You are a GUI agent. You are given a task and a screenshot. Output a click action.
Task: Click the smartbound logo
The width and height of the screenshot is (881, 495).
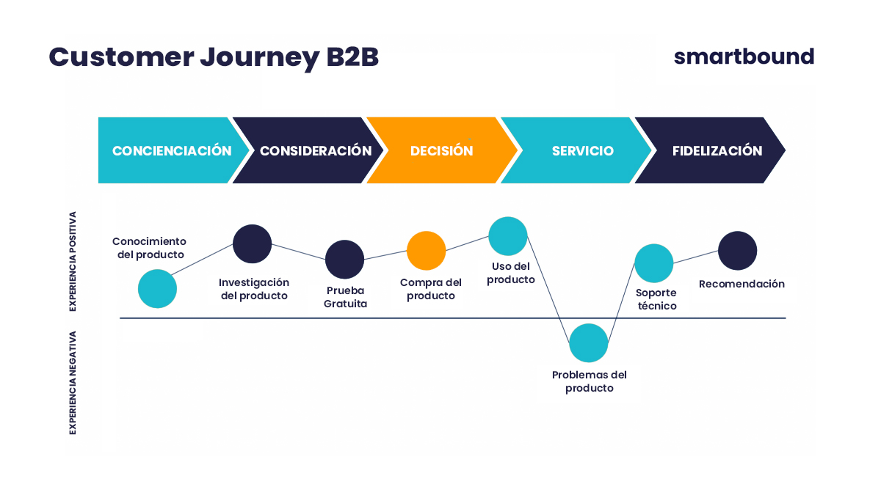click(744, 56)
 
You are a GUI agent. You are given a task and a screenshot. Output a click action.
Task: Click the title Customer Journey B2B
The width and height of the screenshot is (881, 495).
click(214, 57)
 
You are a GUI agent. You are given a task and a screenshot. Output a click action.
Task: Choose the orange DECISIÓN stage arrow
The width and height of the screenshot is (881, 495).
click(441, 150)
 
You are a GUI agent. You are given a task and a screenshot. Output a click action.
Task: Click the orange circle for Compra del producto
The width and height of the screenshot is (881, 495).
click(427, 251)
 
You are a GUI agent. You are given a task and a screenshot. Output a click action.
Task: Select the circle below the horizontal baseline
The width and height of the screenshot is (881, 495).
click(589, 342)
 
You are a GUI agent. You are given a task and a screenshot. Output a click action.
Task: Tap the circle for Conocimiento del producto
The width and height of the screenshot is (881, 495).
click(158, 288)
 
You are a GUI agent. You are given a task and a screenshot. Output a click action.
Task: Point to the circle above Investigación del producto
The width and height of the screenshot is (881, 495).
click(253, 243)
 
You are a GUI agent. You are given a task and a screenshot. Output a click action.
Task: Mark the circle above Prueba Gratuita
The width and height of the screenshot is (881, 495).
click(344, 259)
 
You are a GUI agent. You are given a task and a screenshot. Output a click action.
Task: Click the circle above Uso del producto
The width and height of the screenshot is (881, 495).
click(508, 236)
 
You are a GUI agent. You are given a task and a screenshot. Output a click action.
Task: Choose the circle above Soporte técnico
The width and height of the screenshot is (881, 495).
click(654, 263)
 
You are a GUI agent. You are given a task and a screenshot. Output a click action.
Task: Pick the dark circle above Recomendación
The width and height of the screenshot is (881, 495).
click(737, 251)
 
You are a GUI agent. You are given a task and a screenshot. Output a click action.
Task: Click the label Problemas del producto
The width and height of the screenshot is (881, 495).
click(589, 381)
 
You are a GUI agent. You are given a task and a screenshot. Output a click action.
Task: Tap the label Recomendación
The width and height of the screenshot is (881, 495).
click(742, 284)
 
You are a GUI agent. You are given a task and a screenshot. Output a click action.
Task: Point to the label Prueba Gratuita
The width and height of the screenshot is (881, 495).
click(345, 297)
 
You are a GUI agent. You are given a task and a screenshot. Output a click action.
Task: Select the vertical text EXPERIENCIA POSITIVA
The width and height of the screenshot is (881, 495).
click(73, 262)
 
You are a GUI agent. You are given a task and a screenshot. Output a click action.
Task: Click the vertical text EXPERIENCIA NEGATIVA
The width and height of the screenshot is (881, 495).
click(73, 382)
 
